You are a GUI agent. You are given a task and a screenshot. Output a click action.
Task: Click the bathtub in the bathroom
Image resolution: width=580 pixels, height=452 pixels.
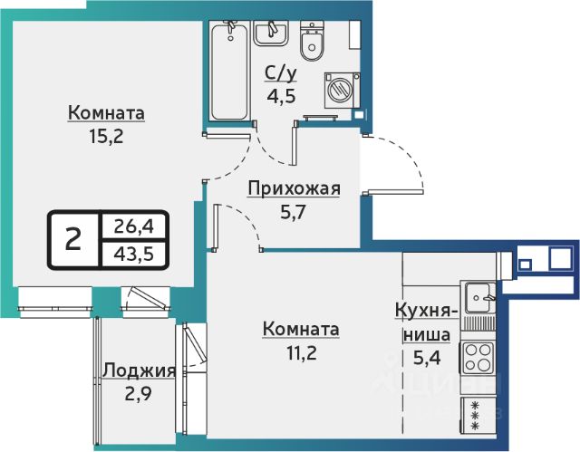[x=229, y=71]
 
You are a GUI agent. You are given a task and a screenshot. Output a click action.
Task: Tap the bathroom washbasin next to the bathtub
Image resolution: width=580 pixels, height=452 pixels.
[x=270, y=33]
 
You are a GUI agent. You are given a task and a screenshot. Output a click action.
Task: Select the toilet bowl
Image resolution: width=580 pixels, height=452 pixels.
[x=312, y=40]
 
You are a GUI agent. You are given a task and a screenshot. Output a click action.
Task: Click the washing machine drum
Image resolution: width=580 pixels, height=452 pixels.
[x=339, y=90]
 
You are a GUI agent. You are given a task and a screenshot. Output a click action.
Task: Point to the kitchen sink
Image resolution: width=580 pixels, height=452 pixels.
[x=480, y=297]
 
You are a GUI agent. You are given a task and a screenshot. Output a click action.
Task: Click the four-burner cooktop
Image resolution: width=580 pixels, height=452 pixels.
[x=478, y=357]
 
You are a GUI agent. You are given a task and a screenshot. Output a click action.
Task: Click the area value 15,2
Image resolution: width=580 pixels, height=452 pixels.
[x=106, y=137]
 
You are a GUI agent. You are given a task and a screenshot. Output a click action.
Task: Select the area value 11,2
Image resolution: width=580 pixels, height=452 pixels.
[x=302, y=352]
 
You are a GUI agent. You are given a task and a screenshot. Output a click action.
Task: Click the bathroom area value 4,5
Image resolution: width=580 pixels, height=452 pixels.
[x=282, y=97]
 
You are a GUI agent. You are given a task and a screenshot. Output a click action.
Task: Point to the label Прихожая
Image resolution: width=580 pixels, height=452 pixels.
[x=294, y=188]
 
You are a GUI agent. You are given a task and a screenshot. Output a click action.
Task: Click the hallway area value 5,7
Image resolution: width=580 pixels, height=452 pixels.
[x=294, y=213]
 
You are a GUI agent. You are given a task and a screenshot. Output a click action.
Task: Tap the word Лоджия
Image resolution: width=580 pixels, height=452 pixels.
[x=139, y=370]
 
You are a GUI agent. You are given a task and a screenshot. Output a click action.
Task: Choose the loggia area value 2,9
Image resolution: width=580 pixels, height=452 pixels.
[x=139, y=394]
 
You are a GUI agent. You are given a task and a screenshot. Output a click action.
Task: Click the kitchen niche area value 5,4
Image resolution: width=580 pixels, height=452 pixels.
[x=427, y=358]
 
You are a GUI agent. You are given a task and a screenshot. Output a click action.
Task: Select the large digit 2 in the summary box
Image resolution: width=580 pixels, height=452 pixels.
[x=73, y=238]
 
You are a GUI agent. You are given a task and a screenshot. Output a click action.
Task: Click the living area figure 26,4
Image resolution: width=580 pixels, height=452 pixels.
[x=133, y=226]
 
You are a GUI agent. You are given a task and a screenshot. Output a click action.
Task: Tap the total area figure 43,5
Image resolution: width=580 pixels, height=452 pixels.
[x=133, y=254]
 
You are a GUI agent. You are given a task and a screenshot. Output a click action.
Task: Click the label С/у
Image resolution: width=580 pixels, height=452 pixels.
[x=281, y=74]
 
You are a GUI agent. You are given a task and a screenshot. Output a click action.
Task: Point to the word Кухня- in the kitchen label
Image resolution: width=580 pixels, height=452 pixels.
[x=426, y=312]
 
